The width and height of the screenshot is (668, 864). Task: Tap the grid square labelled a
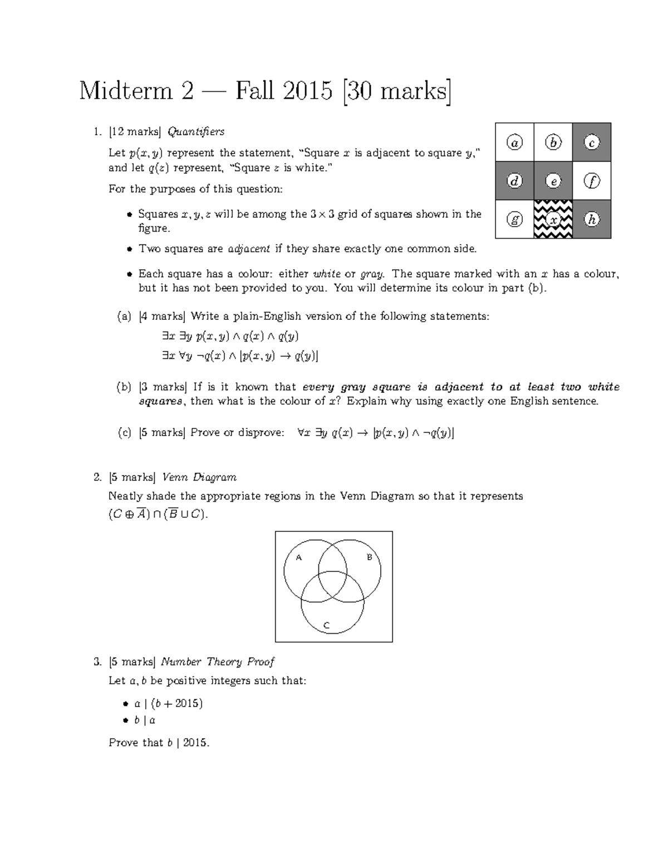coord(515,142)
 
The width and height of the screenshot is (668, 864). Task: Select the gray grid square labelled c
coord(592,142)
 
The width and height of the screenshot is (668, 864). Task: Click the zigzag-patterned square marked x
coord(553,219)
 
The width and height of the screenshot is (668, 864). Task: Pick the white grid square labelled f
coord(592,181)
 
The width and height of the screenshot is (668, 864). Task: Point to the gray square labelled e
coord(553,181)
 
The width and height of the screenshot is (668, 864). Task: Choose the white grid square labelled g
coord(515,219)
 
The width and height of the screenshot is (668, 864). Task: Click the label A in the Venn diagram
coord(298,557)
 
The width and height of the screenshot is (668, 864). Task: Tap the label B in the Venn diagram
coord(369,557)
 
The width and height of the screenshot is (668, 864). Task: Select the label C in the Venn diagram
coord(327,626)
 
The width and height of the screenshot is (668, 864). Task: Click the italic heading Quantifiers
coord(196,132)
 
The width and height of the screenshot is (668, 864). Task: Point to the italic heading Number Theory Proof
coord(218,661)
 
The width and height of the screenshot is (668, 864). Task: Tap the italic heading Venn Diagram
coord(199,477)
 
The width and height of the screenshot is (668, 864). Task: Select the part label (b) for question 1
coord(124,387)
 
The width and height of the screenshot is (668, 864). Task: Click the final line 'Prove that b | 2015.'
coord(159,743)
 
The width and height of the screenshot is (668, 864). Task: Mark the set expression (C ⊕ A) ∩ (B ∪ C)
coord(158,514)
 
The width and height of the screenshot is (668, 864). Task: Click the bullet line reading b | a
coord(144,720)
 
